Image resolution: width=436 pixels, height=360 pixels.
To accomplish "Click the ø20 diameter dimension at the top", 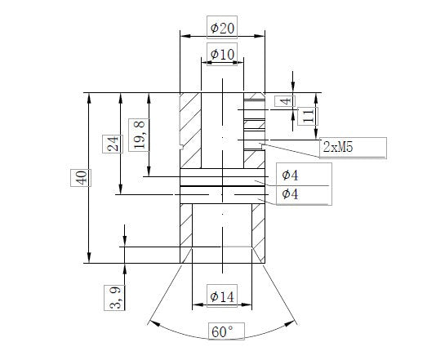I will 223,28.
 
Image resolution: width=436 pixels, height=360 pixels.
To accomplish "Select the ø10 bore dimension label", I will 223,54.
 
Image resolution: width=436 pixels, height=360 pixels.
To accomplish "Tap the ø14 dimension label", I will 223,298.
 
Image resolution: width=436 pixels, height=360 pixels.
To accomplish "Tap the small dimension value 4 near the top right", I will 283,101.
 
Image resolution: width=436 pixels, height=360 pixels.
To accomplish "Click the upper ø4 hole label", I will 290,175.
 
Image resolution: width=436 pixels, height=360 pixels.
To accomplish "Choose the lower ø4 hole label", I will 290,193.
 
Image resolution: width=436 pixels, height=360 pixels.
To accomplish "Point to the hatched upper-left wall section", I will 190,131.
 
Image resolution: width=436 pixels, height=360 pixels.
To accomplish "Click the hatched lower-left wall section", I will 185,233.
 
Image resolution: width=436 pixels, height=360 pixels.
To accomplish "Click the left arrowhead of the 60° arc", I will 151,322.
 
